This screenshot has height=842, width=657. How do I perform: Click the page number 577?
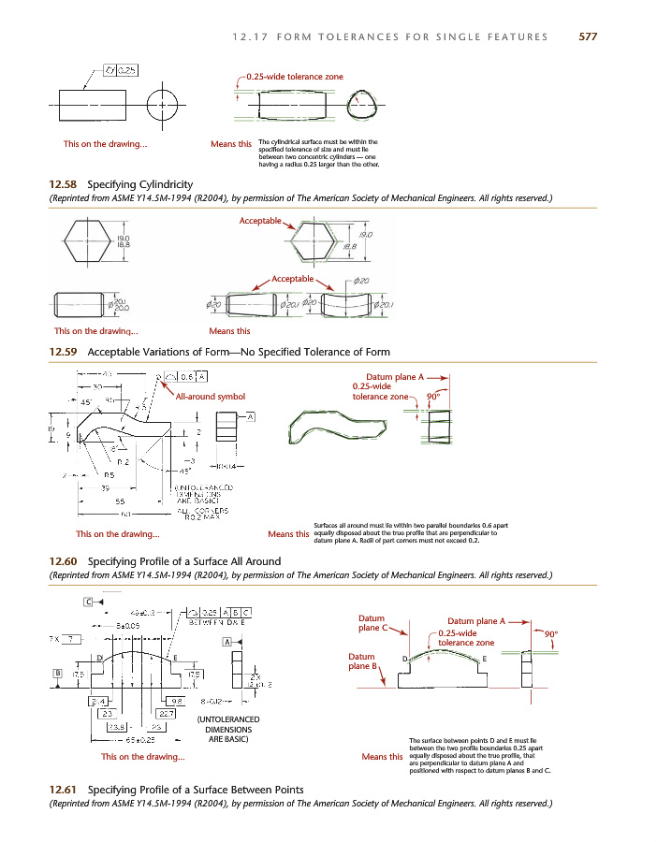(x=588, y=36)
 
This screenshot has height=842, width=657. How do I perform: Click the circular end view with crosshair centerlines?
(x=163, y=104)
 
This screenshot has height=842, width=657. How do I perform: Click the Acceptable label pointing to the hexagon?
(x=261, y=221)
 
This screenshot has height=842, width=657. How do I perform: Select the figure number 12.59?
(x=64, y=352)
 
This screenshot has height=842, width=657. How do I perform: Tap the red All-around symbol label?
(x=211, y=397)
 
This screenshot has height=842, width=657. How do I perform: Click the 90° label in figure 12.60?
(x=433, y=396)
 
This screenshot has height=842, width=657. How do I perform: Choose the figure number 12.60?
(x=64, y=561)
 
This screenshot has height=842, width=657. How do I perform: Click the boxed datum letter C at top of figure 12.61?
(x=88, y=601)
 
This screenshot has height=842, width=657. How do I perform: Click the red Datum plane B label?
(x=362, y=661)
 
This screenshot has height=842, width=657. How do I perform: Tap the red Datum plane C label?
(x=372, y=622)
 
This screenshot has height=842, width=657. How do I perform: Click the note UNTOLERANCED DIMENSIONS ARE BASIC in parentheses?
(x=222, y=728)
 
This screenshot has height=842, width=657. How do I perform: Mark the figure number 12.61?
(x=64, y=790)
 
